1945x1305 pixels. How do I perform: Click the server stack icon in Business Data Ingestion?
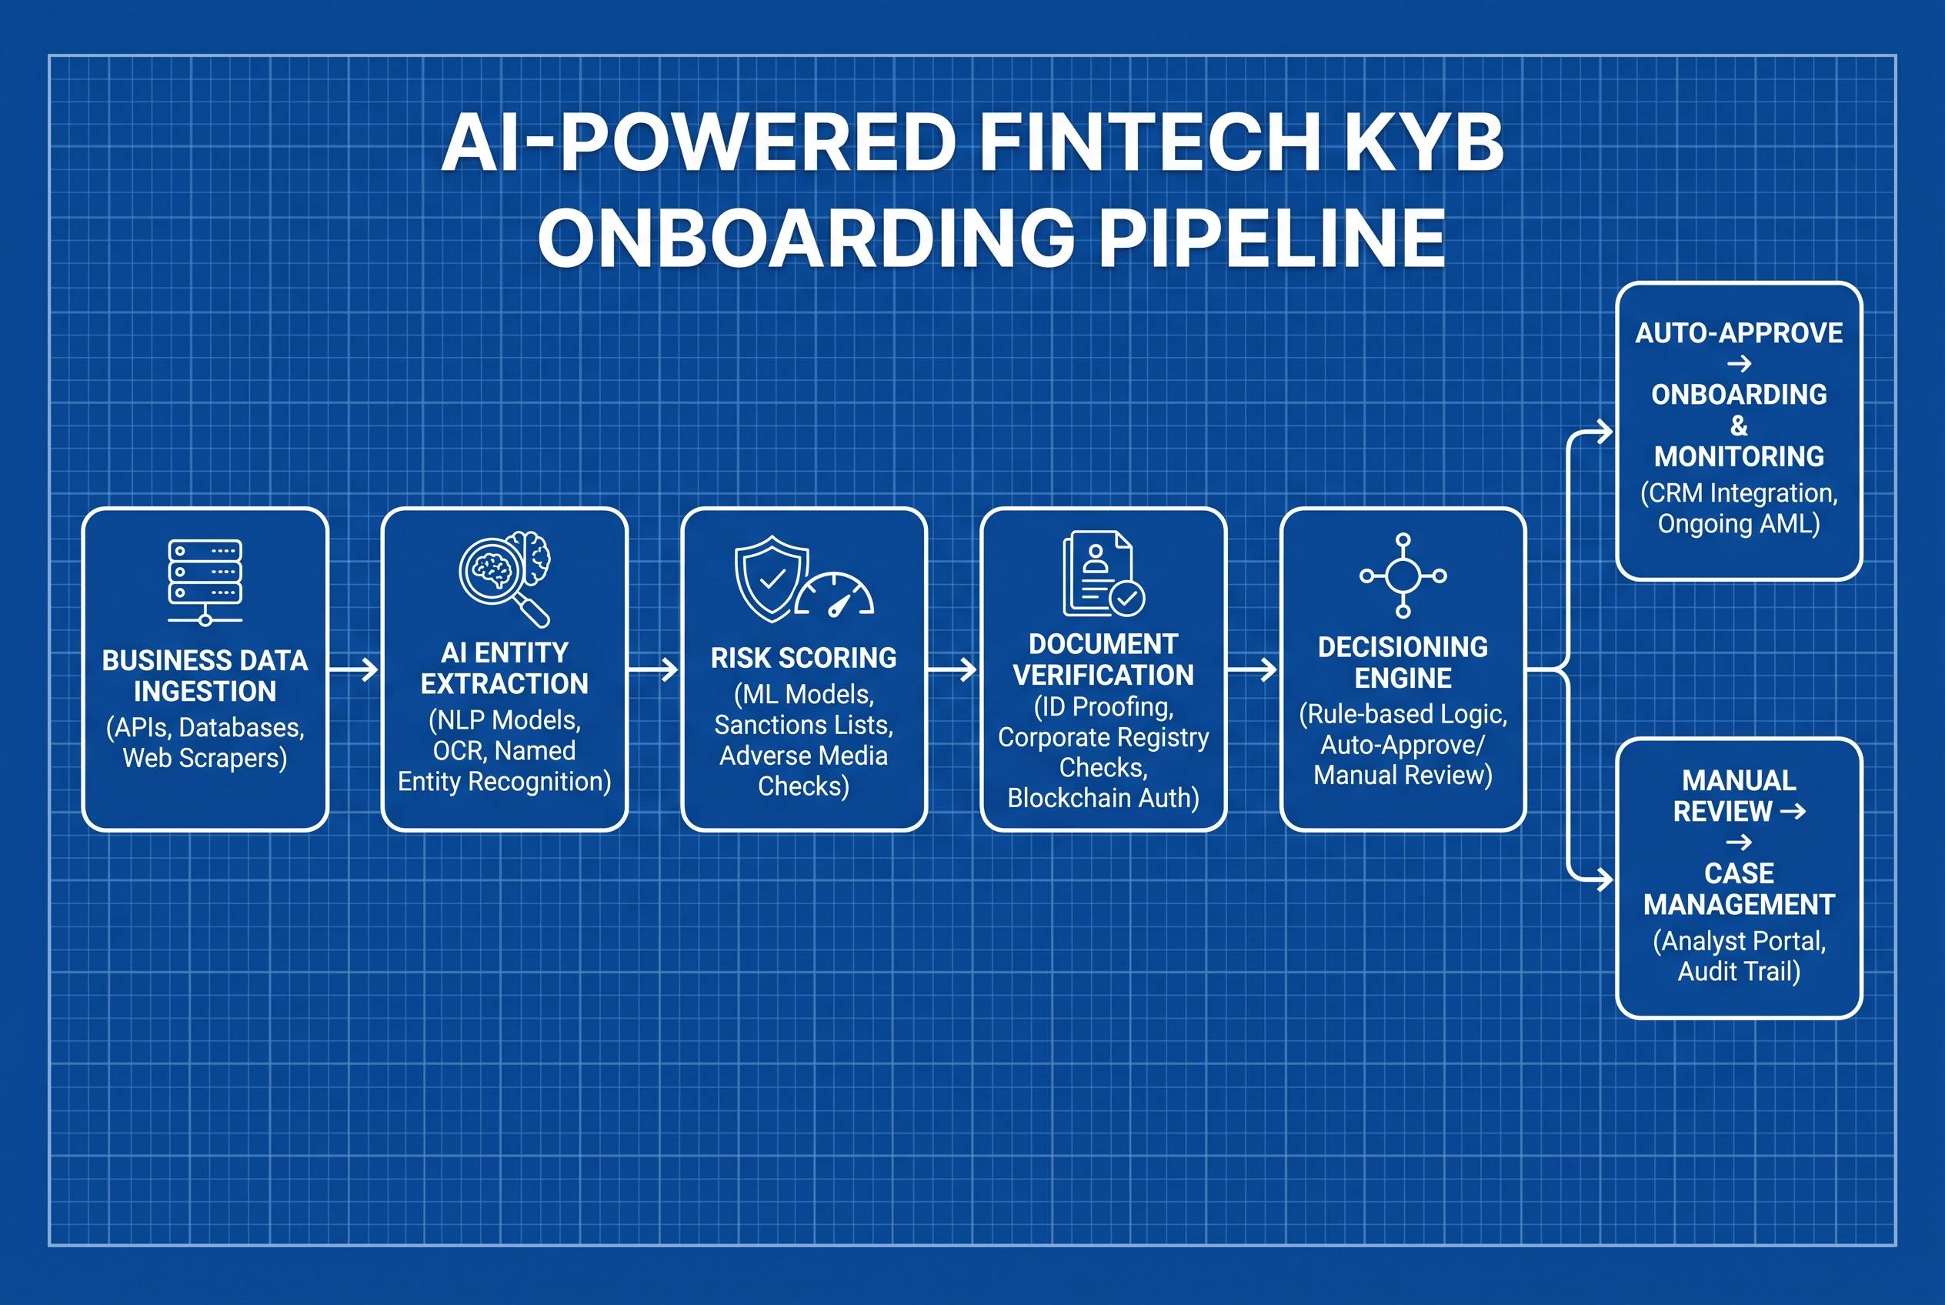(x=205, y=582)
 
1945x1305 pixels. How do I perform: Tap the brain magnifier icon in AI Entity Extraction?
(x=505, y=579)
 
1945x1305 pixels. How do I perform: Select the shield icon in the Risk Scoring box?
(x=772, y=579)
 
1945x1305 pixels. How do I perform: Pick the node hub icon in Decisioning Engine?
(x=1403, y=575)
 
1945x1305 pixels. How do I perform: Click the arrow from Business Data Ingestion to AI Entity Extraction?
(x=354, y=669)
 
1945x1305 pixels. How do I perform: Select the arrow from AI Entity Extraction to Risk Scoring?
(x=653, y=669)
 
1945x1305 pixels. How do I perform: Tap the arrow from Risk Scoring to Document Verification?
(x=952, y=669)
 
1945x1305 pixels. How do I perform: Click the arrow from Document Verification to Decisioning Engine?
(x=1252, y=669)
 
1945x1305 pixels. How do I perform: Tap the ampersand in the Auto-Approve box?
(x=1739, y=426)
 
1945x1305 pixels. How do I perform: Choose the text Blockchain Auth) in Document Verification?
(x=1103, y=797)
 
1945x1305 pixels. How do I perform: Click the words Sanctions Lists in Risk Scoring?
(x=804, y=725)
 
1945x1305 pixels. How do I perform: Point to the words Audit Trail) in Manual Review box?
(x=1739, y=971)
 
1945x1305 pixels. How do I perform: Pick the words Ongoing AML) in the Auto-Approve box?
(x=1739, y=523)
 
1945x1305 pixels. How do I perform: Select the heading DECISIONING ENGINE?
(x=1403, y=663)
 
